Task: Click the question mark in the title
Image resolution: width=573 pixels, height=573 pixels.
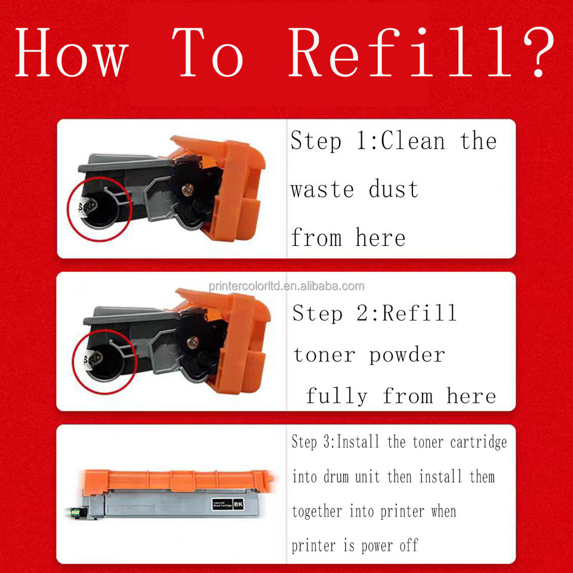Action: (x=540, y=51)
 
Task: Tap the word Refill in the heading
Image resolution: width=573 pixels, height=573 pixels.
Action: (x=399, y=51)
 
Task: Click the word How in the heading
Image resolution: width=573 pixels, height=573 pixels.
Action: (x=72, y=53)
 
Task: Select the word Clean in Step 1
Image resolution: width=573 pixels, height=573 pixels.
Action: (x=413, y=141)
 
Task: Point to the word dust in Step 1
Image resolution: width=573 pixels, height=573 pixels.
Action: (x=393, y=189)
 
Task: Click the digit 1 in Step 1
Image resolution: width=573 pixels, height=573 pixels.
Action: (x=362, y=141)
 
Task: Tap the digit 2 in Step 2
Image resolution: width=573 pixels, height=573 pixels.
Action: (x=363, y=313)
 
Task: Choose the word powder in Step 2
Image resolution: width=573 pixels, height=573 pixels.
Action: (x=406, y=356)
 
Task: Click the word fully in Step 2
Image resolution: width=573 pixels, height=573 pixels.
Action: (x=337, y=396)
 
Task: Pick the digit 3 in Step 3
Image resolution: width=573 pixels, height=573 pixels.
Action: (x=326, y=442)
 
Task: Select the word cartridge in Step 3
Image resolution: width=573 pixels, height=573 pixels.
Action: (x=478, y=442)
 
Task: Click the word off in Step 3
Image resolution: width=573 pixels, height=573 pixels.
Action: (x=408, y=546)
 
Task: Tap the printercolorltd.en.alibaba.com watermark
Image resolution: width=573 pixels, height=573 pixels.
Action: (x=286, y=286)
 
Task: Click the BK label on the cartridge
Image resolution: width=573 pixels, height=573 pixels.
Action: (x=238, y=504)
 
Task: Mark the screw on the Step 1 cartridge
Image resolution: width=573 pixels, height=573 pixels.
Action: (x=187, y=189)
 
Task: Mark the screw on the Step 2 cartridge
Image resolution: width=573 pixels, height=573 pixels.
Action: (x=193, y=343)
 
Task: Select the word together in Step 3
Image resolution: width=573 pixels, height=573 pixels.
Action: (x=317, y=512)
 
